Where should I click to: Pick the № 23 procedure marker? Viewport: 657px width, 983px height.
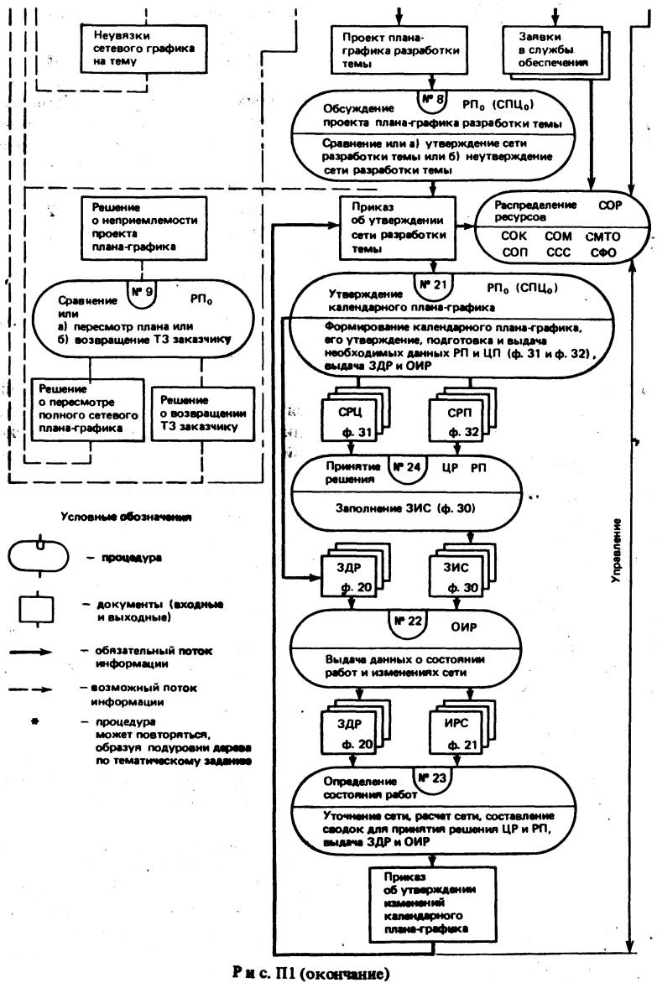click(431, 779)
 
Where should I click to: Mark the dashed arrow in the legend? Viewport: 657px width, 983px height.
click(41, 689)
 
